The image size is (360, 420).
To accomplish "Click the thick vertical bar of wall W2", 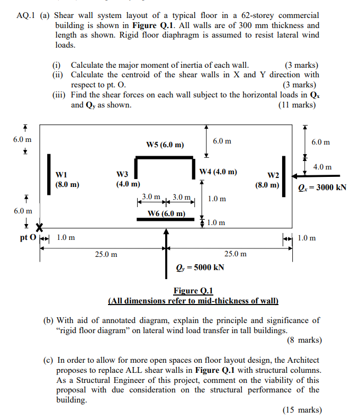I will click(284, 176).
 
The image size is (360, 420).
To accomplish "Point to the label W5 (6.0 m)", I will click(165, 145).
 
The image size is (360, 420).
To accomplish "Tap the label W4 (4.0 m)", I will click(218, 172).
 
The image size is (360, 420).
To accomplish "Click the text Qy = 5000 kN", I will click(200, 267).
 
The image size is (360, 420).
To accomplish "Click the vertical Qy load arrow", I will click(167, 249).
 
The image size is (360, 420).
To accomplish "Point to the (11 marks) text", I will click(296, 105).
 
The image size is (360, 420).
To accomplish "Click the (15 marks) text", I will click(302, 409).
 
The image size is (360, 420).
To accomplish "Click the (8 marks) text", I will click(304, 340).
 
